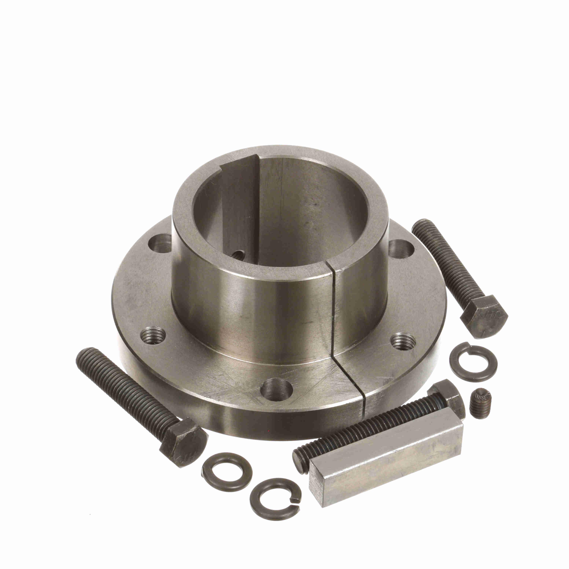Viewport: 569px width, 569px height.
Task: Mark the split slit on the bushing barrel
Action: tap(333, 309)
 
